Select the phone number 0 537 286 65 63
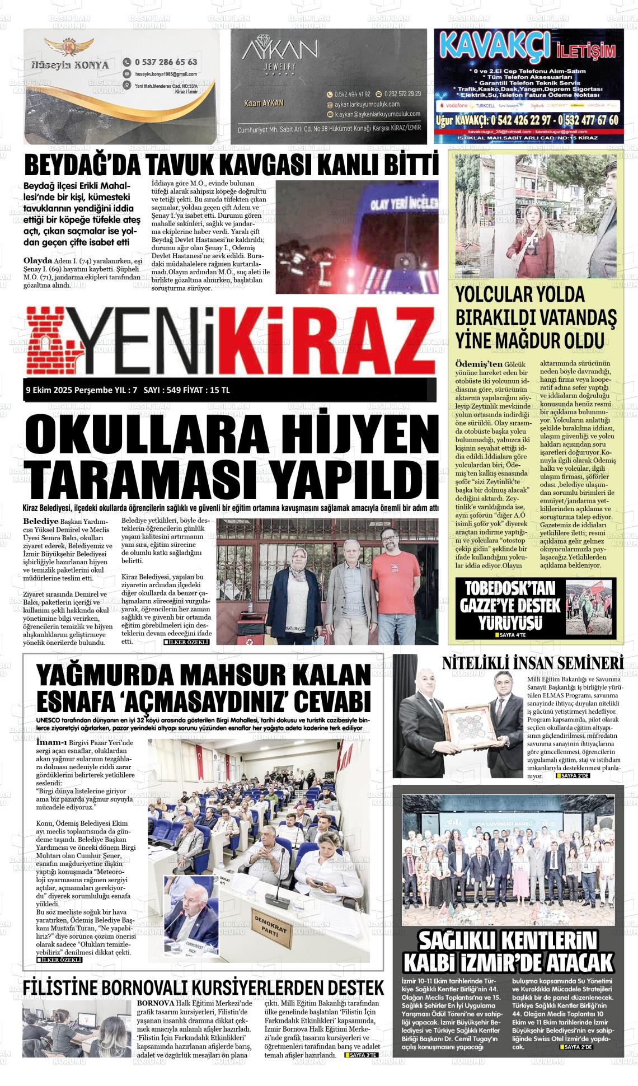tap(166, 62)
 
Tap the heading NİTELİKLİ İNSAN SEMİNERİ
tap(533, 663)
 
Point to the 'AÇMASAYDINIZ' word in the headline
tap(217, 701)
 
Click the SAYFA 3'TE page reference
tap(363, 1055)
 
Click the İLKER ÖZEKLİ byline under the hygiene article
tap(186, 642)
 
